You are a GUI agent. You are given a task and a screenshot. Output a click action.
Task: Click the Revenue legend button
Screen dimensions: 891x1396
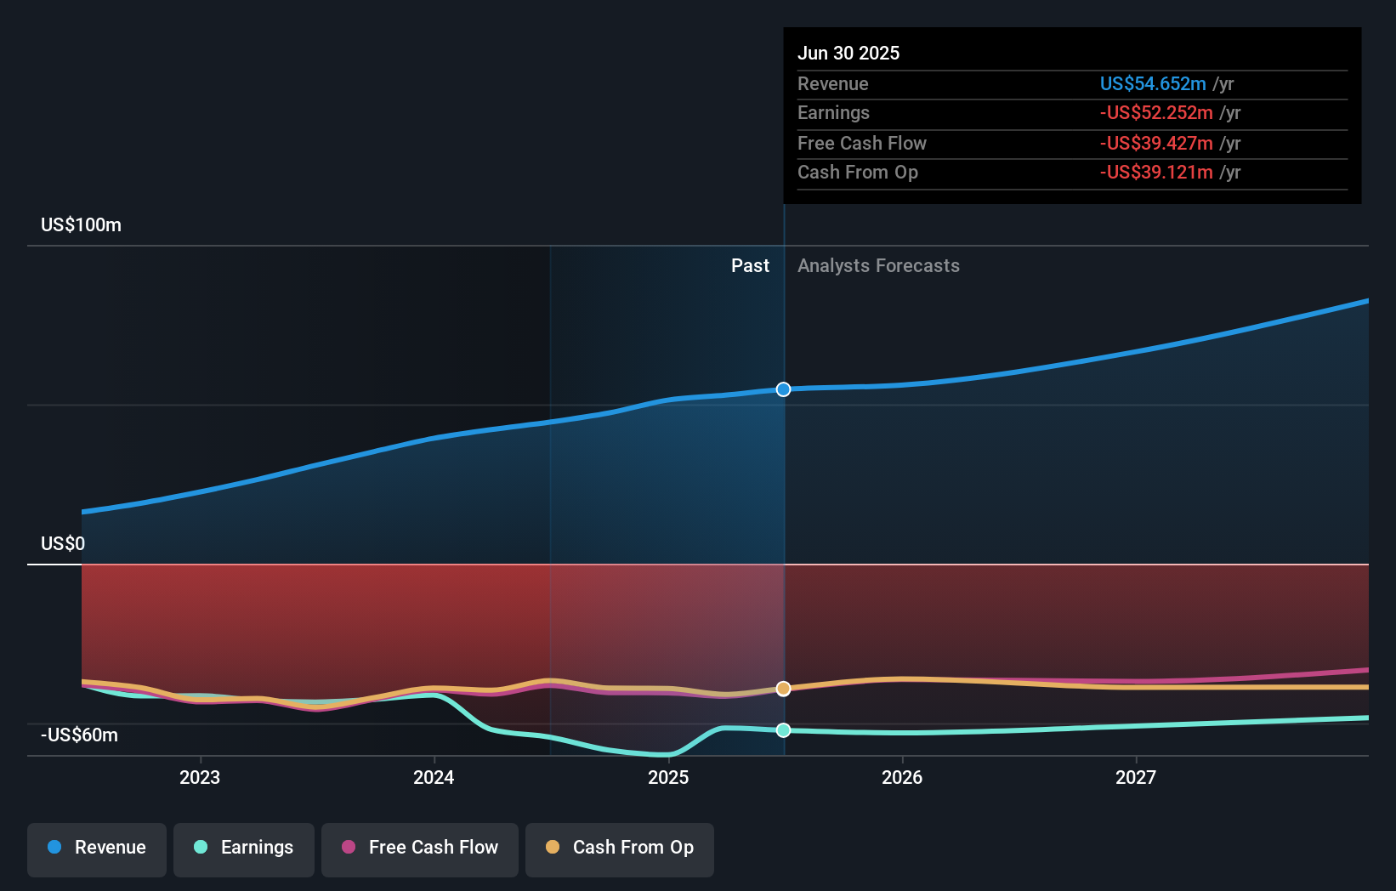point(97,848)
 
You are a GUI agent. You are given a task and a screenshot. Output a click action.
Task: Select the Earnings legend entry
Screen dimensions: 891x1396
point(244,848)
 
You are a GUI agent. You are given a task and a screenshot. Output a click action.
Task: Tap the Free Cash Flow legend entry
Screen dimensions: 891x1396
point(420,848)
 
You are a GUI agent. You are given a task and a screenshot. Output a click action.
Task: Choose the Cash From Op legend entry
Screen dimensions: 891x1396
point(620,848)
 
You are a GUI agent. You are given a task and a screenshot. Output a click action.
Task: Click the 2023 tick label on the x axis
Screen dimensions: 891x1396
point(200,777)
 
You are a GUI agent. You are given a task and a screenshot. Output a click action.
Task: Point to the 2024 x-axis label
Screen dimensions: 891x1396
point(434,777)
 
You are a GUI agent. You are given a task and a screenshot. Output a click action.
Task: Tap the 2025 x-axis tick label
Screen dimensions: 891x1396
point(668,777)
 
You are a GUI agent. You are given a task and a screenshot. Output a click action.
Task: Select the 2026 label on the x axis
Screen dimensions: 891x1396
point(902,777)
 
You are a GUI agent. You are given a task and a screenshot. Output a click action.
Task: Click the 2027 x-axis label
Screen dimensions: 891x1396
point(1136,777)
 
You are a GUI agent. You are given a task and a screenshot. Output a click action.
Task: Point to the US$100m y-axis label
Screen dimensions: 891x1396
point(81,225)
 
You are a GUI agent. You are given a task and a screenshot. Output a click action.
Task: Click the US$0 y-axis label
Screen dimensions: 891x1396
point(63,544)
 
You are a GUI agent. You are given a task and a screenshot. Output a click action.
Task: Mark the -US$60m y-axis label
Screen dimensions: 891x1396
point(79,735)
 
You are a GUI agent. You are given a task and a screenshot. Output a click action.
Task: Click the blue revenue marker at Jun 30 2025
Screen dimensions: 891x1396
point(783,389)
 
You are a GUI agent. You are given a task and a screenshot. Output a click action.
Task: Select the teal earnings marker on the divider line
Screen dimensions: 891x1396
point(783,730)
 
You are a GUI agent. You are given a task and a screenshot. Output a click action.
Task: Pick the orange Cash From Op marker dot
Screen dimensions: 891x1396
point(783,689)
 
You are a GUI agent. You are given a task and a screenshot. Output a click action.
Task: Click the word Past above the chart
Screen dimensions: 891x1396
point(750,266)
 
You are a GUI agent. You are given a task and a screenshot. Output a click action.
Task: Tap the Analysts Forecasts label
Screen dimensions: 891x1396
point(878,266)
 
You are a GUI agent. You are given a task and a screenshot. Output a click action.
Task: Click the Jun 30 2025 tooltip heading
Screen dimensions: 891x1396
point(848,53)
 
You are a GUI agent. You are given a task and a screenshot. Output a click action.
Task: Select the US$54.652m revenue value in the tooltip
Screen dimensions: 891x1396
point(1152,84)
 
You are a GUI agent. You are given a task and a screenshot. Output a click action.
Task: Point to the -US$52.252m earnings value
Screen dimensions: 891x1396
point(1155,113)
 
